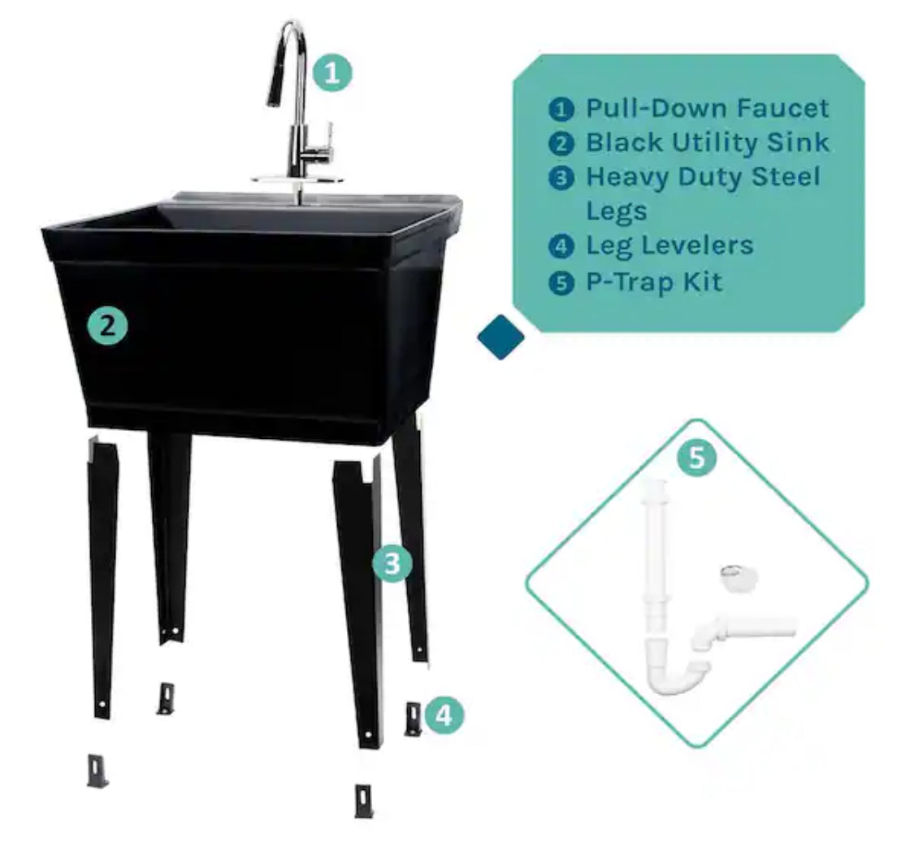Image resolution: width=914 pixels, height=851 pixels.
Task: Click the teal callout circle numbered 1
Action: coord(332,73)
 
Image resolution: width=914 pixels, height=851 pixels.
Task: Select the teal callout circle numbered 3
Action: coord(392,563)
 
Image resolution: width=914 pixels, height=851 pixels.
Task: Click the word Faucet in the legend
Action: coord(782,108)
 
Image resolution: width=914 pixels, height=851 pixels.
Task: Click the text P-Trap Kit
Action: coord(654,282)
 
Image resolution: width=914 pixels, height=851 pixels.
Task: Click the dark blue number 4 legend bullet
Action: coord(561,246)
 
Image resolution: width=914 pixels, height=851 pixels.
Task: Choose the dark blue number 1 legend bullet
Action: coord(561,109)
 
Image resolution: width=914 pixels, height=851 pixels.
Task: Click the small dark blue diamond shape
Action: coord(500,337)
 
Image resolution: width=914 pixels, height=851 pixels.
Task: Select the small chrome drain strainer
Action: coord(739,577)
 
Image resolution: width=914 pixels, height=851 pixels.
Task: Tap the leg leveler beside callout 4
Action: coord(413,719)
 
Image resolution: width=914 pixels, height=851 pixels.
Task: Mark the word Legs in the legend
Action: coord(617,211)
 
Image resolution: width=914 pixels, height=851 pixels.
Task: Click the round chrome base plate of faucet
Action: coord(297,179)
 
